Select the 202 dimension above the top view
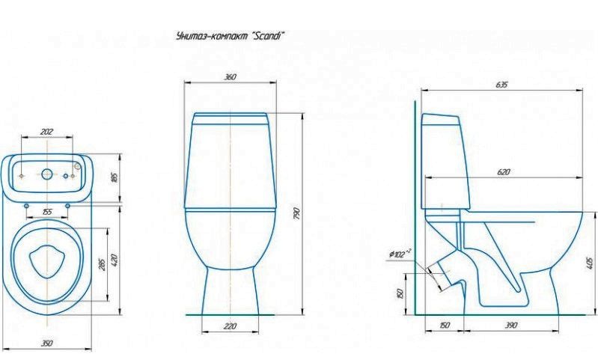click(46, 132)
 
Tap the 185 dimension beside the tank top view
click(115, 177)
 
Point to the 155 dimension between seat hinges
click(46, 213)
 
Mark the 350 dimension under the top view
click(46, 343)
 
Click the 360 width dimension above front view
click(231, 77)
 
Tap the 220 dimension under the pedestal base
click(231, 326)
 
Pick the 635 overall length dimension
click(501, 85)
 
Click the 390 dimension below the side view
click(512, 326)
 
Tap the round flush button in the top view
click(47, 174)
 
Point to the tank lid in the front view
click(231, 118)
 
